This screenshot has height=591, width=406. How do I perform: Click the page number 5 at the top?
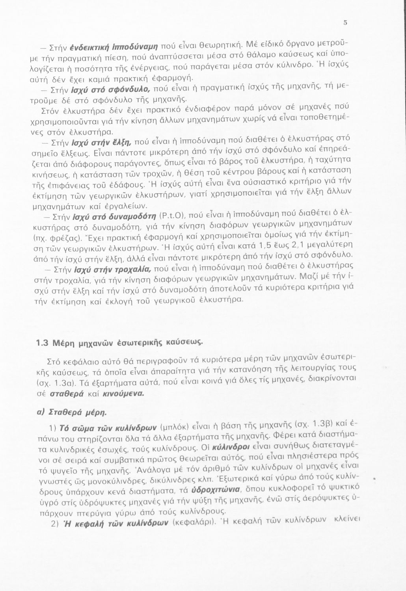pos(345,22)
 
